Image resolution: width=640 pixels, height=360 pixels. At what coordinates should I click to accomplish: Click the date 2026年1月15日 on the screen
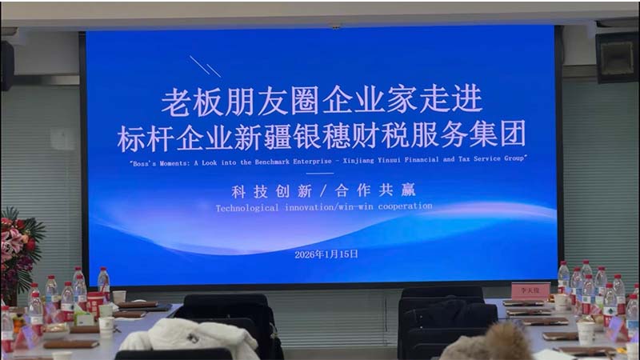326,254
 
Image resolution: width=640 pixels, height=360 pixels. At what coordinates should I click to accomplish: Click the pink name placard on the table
530,290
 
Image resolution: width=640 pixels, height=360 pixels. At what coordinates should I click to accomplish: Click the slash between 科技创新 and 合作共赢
321,190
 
